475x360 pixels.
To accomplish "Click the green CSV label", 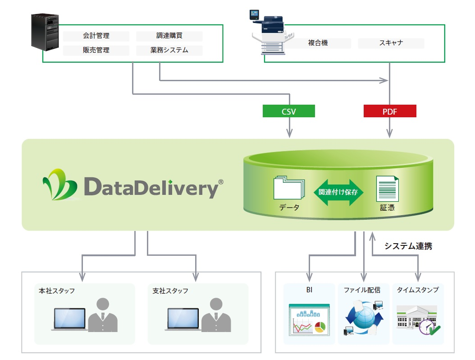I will (x=288, y=111).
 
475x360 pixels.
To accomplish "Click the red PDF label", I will (x=390, y=111).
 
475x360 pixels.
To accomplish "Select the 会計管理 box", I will (x=96, y=36).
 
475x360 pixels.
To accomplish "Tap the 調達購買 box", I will (x=169, y=36).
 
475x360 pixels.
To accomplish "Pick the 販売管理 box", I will (x=96, y=50).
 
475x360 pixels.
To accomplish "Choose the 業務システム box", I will (x=169, y=50).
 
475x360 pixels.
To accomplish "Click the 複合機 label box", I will (x=318, y=43).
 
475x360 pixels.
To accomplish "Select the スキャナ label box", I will (x=391, y=43).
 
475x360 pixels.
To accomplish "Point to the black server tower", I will (x=46, y=32).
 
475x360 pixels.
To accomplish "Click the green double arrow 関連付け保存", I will (x=338, y=192).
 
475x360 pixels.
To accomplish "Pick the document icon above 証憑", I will (x=387, y=189).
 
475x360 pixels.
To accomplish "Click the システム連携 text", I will (x=408, y=246).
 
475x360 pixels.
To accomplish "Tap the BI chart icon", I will (x=310, y=318).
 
